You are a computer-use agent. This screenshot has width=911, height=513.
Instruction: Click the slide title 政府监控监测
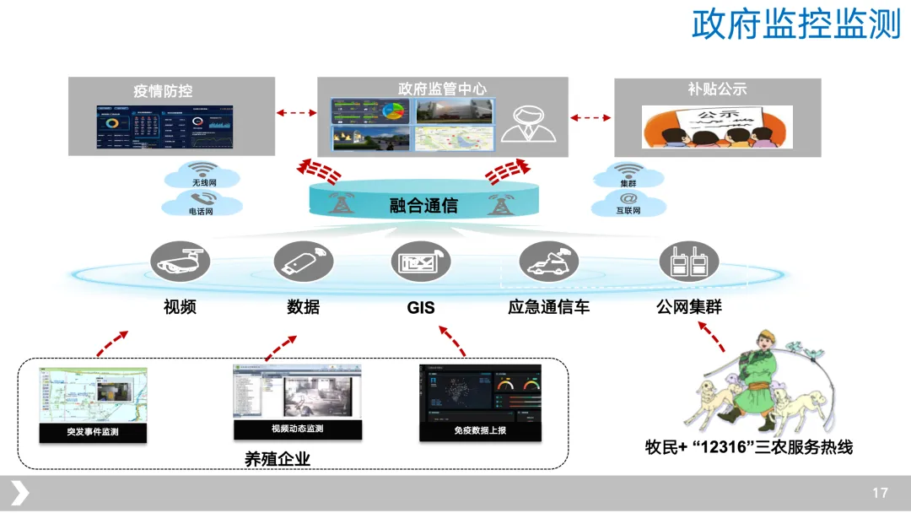(796, 24)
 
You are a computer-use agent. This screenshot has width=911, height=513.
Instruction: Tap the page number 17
(880, 493)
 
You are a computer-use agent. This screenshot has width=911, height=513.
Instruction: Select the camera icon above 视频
(180, 262)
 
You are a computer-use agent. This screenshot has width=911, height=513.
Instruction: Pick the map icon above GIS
(420, 262)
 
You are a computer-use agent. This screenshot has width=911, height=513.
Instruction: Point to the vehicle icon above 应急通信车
(548, 262)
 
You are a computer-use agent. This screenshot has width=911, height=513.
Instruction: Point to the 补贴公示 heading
(717, 89)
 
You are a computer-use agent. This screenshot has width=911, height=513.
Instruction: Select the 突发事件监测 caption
(93, 433)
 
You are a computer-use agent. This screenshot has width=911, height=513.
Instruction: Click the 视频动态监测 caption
(297, 429)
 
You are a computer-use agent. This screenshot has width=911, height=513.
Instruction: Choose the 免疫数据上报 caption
(480, 431)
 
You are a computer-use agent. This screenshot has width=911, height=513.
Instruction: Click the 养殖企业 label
(278, 460)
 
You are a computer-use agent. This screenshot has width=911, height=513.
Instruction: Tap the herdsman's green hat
(765, 336)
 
